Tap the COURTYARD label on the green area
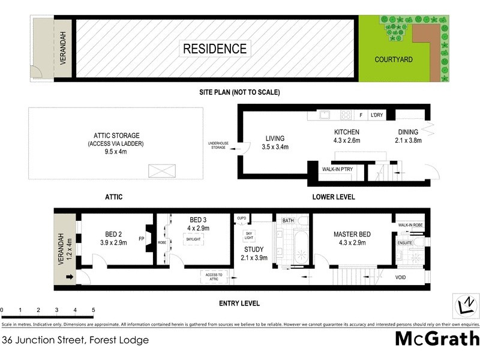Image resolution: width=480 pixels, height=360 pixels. [393, 59]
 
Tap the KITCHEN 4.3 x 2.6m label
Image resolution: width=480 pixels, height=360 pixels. [347, 136]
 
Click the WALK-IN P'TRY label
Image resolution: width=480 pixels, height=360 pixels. [338, 170]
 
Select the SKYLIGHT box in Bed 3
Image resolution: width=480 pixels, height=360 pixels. [193, 239]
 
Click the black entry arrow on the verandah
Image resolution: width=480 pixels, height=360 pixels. [70, 277]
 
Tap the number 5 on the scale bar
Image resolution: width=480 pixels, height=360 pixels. [94, 310]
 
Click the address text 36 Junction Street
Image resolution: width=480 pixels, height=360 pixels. [74, 340]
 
